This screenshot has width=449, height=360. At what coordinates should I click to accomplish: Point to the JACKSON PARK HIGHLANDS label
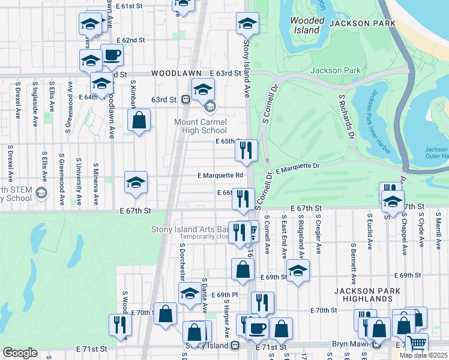[364, 295]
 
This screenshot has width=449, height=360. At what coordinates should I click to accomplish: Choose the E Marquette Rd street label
[220, 176]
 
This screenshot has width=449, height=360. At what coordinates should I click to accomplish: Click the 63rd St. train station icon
[187, 99]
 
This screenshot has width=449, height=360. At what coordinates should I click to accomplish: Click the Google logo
[20, 353]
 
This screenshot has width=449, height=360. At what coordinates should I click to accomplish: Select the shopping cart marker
[417, 344]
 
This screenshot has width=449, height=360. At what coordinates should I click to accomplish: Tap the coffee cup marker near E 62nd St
[112, 56]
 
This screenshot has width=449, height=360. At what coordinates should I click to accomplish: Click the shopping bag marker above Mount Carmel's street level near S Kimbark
[139, 119]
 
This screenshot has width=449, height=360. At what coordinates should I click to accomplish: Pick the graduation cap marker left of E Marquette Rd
[136, 182]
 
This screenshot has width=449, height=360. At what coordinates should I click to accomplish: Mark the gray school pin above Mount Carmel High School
[209, 108]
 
